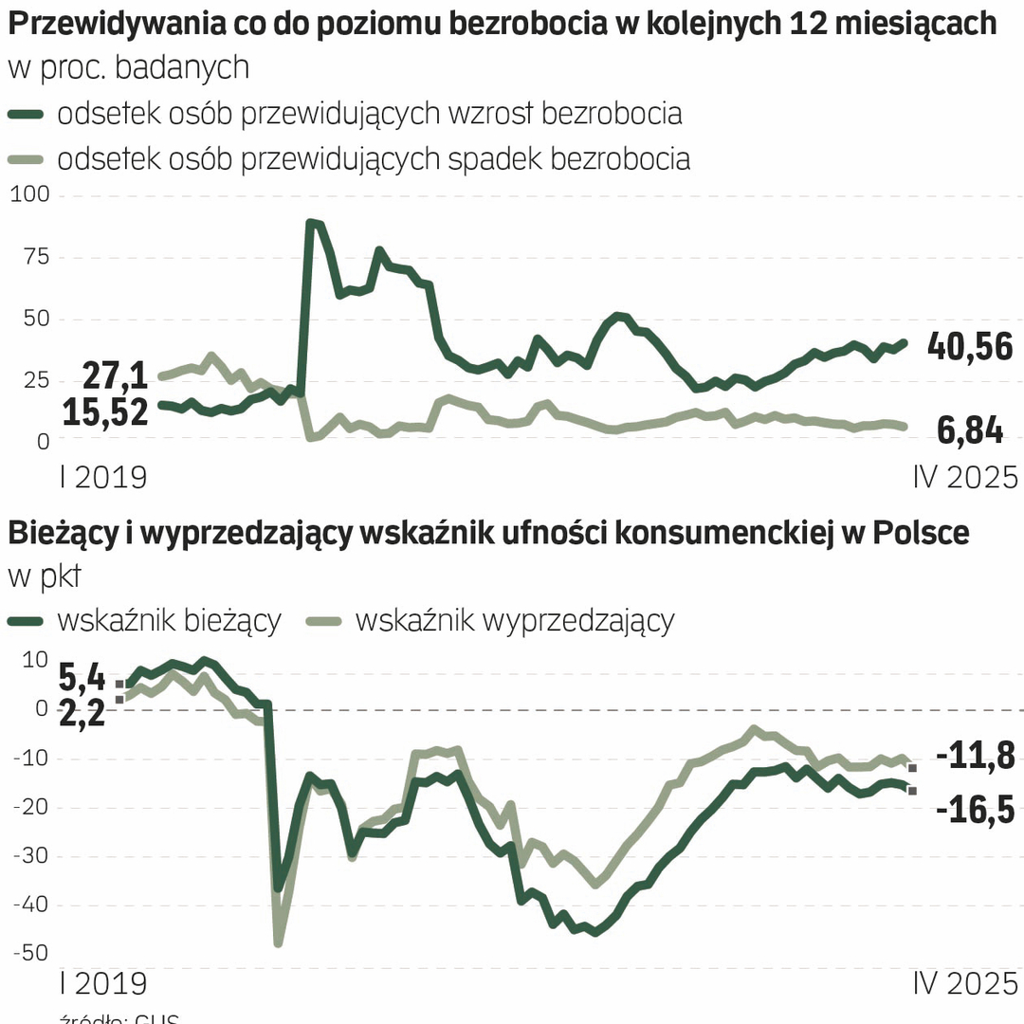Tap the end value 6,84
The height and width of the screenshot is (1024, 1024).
tap(970, 430)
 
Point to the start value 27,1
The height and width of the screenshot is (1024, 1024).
tap(114, 376)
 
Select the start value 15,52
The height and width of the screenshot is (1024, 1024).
tap(105, 412)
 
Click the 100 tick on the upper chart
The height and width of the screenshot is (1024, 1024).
tap(30, 195)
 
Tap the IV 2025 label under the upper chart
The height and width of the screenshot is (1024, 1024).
tap(964, 477)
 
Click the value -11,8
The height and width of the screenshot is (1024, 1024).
tap(976, 757)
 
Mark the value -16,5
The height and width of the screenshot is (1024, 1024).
tap(976, 811)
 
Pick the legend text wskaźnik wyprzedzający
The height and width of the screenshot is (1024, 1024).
tap(515, 621)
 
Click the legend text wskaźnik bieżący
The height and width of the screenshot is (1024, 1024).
tap(169, 621)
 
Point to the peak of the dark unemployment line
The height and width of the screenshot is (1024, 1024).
tap(311, 223)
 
